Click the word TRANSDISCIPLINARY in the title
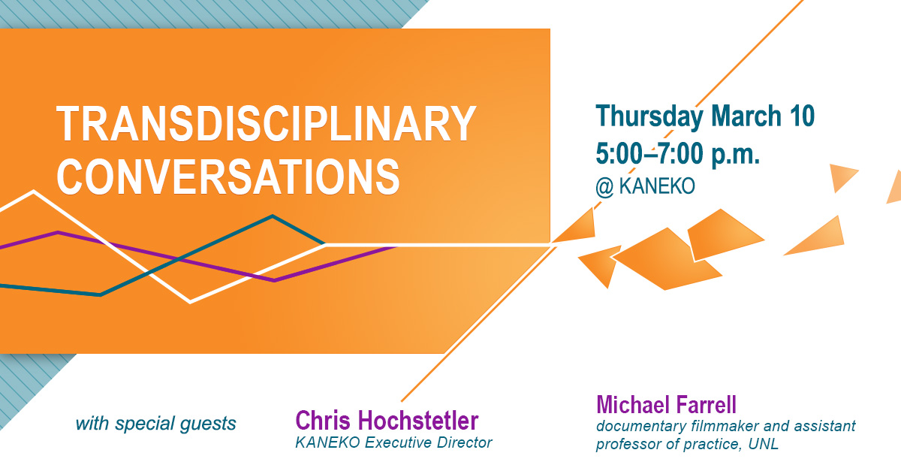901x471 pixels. pos(267,123)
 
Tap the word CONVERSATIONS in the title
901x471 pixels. pos(228,177)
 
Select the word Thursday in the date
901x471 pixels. pos(649,117)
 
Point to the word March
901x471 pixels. pos(746,116)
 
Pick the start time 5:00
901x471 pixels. pos(621,153)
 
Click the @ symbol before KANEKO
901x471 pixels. pos(604,187)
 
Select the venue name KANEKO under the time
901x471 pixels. pos(657,186)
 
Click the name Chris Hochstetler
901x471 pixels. pos(387,420)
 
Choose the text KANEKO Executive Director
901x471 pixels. pos(393,442)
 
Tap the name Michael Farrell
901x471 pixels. pos(666,405)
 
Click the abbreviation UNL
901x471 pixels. pos(763,444)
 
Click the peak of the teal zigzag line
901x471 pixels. pos(273,216)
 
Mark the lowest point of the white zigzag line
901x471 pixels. pos(190,302)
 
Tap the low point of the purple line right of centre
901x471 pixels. pos(275,280)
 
